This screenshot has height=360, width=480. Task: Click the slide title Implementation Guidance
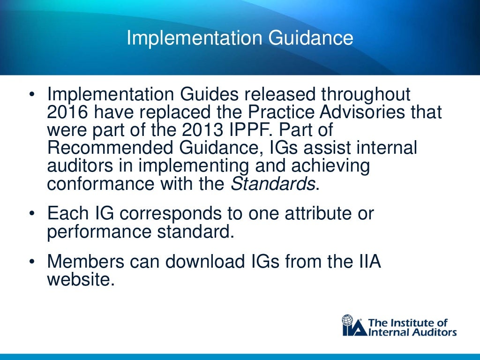pos(240,38)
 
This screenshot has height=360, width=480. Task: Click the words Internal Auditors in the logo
pos(413,332)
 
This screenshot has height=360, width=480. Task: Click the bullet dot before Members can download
pos(32,262)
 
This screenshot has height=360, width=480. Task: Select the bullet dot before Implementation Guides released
pos(32,95)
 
